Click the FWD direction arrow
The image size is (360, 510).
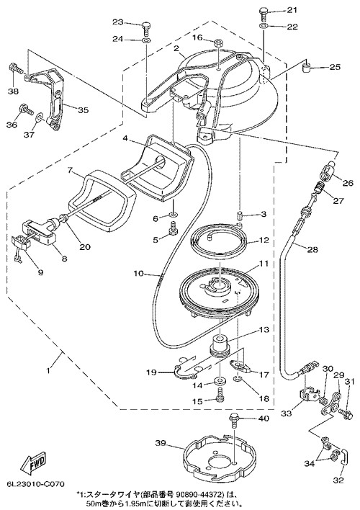[x=34, y=462]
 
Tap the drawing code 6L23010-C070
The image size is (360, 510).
[x=36, y=483]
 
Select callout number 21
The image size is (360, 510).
[x=292, y=10]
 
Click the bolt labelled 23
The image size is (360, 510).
[x=146, y=29]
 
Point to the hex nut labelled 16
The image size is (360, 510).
[x=219, y=42]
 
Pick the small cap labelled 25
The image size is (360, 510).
[x=306, y=68]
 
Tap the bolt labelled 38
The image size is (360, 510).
[x=15, y=68]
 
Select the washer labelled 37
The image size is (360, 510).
[x=40, y=117]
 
